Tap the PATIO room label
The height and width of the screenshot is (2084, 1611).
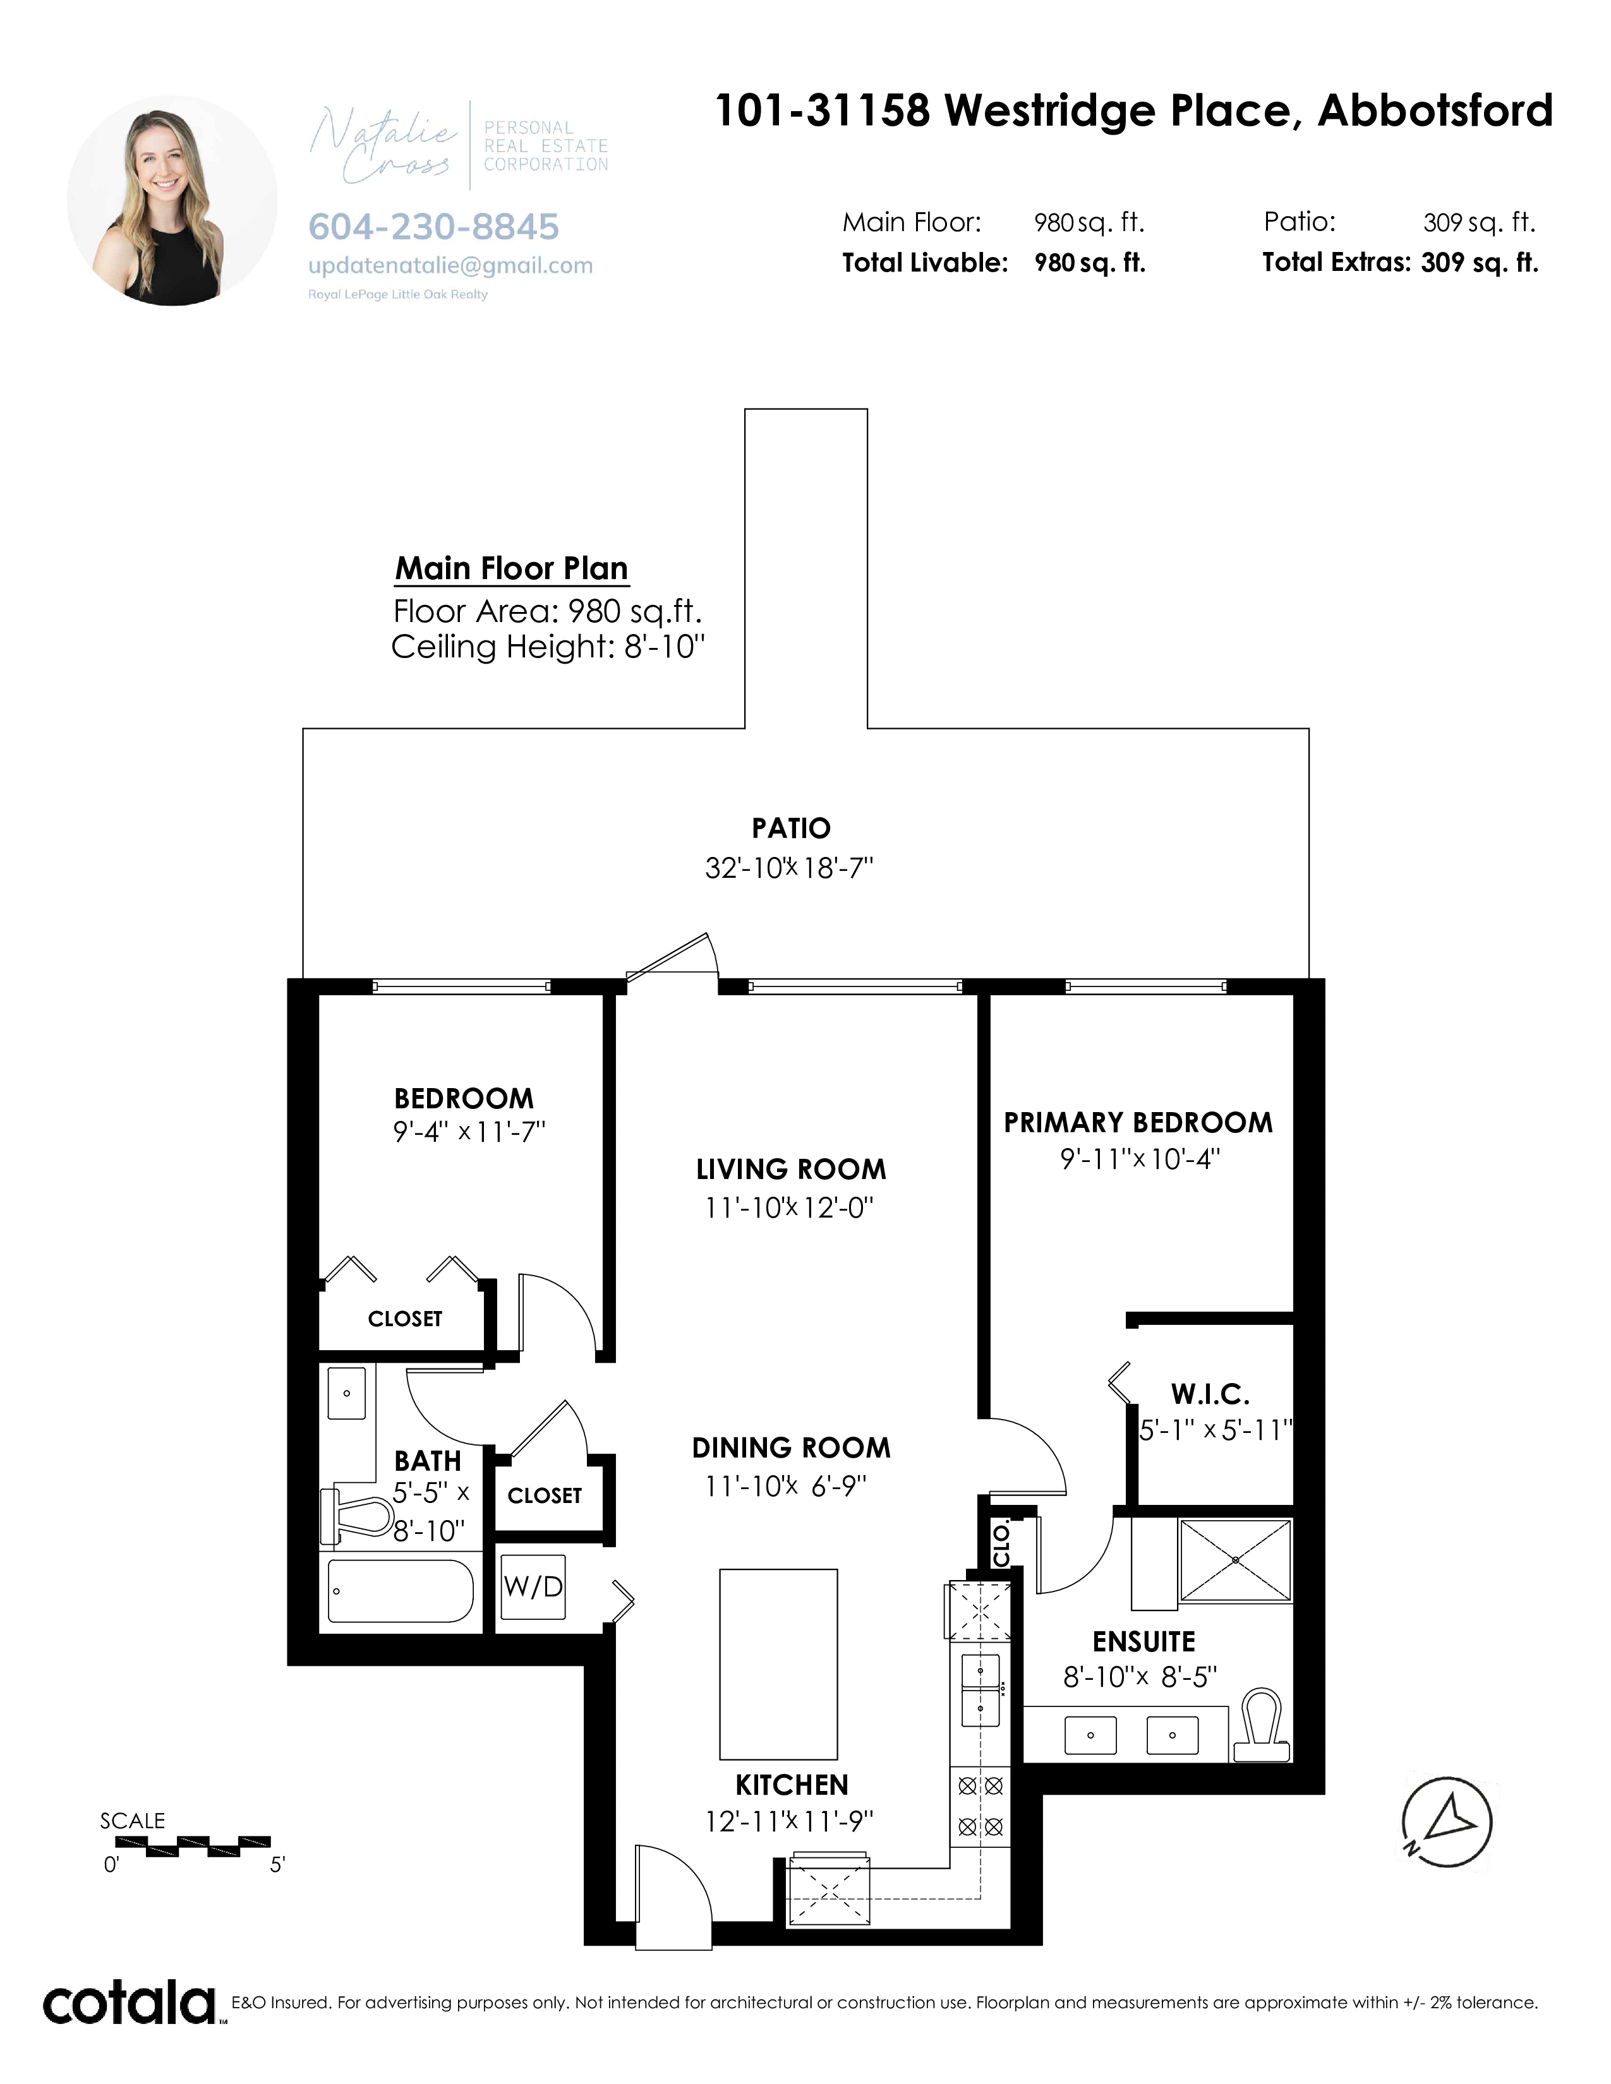tap(791, 829)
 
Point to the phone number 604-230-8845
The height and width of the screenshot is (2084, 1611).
tap(433, 227)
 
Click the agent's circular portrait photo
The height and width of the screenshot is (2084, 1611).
tap(172, 200)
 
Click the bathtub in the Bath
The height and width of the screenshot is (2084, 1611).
tap(401, 1591)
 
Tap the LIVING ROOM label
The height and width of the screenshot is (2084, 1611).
tap(791, 1170)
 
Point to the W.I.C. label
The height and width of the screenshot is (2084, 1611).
tap(1210, 1395)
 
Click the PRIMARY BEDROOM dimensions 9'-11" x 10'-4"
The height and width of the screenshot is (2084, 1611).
tap(1140, 1159)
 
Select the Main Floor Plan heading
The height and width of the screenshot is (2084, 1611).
tap(512, 570)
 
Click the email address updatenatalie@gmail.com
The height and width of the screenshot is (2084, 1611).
tap(450, 266)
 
